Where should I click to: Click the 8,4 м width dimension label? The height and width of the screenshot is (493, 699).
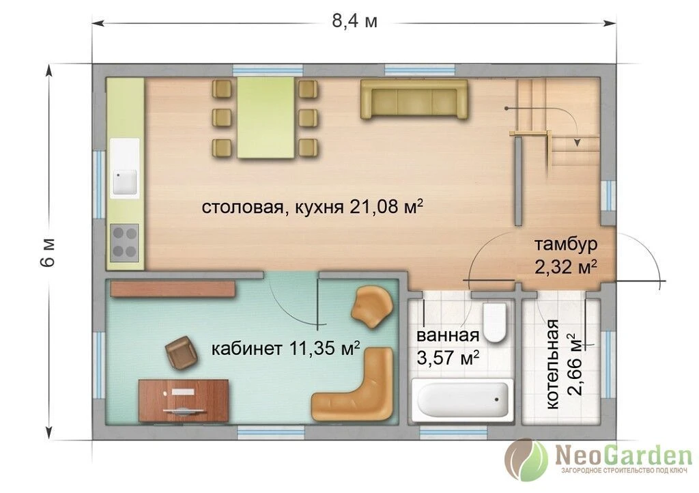[x=354, y=21]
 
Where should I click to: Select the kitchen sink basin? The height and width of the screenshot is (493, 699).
[x=125, y=182]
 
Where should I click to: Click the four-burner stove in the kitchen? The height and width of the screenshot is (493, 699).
[x=124, y=242]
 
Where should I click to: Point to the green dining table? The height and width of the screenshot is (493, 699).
[x=266, y=117]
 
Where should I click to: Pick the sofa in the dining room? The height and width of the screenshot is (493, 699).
[x=414, y=99]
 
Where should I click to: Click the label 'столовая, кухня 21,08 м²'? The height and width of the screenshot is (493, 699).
[x=312, y=207]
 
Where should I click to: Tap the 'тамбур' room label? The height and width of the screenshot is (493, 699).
[x=566, y=244]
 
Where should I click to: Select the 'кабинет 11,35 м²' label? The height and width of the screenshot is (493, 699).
[x=285, y=348]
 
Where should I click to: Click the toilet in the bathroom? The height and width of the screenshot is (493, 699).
[x=494, y=322]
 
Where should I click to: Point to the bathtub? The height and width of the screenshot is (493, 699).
[x=460, y=399]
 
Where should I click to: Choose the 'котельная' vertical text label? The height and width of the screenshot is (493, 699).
[x=553, y=364]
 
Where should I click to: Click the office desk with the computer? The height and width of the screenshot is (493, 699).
[x=184, y=401]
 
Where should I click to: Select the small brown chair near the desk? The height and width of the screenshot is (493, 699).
[x=181, y=352]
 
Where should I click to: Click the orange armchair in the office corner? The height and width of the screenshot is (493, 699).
[x=372, y=307]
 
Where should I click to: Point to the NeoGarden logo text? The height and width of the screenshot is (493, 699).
[x=623, y=455]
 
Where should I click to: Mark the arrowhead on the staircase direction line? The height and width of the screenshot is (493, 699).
[x=577, y=142]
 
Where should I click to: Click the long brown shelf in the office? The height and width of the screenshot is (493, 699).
[x=173, y=289]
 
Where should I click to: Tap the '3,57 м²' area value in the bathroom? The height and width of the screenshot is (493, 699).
[x=448, y=357]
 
